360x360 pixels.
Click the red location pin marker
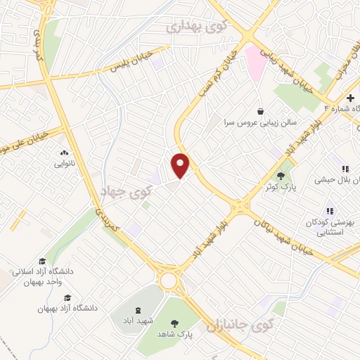coord(181,165)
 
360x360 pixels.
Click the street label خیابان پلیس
coord(129,63)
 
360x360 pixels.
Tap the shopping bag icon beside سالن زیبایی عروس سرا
coord(261,111)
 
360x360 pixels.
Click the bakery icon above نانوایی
coord(64,153)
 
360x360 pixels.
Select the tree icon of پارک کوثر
coord(281,175)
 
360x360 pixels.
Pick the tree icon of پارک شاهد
coord(174,323)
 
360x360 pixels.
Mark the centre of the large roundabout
coord(169,281)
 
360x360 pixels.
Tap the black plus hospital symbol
coord(350,97)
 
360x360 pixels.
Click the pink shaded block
coord(255,60)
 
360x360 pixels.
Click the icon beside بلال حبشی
coord(345,169)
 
